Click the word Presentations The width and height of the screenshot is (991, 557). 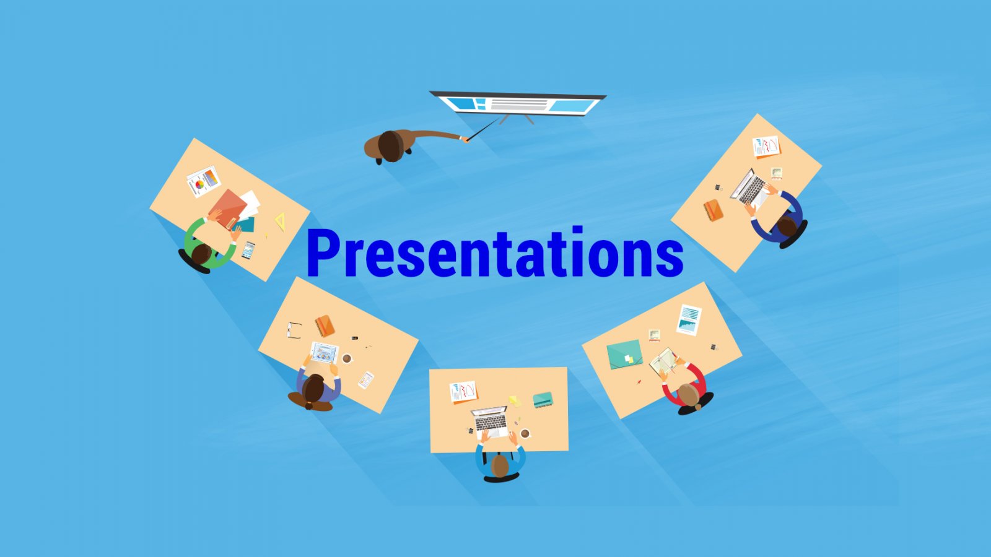pos(495,252)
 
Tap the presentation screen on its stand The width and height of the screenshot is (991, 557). pos(518,105)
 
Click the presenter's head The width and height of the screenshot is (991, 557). pos(391,146)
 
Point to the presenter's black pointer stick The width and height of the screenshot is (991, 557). pos(482,130)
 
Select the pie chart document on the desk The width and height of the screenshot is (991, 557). pos(204,181)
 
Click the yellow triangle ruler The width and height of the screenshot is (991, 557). pos(281,222)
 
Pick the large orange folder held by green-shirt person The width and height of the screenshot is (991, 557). pos(229,209)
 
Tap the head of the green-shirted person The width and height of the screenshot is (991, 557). pos(201,254)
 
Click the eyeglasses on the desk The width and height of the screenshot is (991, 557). pos(294,330)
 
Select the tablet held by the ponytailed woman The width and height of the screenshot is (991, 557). pos(325,353)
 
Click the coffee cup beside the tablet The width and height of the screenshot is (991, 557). pos(347,358)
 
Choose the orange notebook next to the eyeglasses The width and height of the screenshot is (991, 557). pos(325,326)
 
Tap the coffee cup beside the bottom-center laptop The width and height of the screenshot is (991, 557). pos(525,433)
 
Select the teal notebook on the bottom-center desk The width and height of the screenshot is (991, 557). pos(543,400)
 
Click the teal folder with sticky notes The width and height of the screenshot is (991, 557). pos(625,354)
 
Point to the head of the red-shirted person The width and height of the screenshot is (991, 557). pos(688,394)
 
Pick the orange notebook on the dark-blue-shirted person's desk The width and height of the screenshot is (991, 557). pos(713,210)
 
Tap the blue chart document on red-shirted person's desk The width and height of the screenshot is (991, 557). pos(689,319)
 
